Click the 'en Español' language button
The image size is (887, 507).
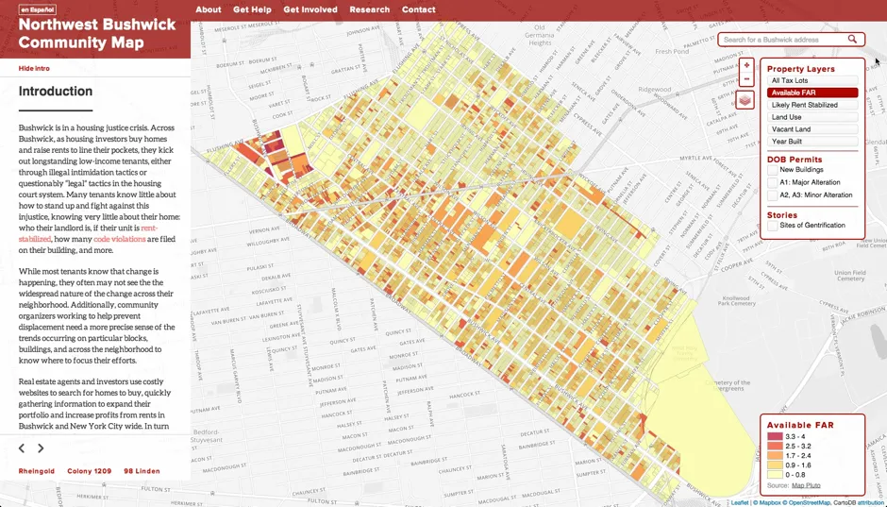38,9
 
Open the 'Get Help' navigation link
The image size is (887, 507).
252,9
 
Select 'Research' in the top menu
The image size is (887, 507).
369,9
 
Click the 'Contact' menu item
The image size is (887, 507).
418,9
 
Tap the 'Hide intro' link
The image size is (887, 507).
34,68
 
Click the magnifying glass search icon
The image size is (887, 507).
852,40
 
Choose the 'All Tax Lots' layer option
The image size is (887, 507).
812,81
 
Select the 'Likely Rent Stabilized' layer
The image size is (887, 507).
812,105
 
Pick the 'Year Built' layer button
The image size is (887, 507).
812,142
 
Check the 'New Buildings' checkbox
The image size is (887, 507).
772,170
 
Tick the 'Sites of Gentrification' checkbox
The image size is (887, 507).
772,226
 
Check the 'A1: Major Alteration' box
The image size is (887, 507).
772,182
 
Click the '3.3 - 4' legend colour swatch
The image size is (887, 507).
775,437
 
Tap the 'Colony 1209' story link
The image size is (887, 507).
89,471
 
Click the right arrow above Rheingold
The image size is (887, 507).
41,448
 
